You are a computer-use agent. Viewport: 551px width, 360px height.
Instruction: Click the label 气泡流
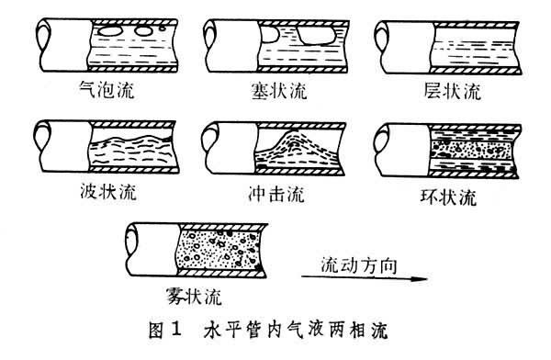[107, 89]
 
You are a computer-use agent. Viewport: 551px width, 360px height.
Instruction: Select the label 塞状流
[279, 91]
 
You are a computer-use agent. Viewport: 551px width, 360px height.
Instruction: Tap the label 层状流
[452, 91]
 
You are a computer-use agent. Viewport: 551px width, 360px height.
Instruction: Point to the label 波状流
[107, 192]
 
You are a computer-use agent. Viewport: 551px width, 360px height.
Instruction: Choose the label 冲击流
[276, 194]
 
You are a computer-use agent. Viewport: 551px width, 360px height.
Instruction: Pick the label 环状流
[448, 197]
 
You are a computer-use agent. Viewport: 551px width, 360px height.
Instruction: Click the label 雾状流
[194, 297]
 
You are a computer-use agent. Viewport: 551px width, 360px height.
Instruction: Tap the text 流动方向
[359, 265]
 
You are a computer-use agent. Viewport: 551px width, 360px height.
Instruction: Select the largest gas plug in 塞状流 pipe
[316, 36]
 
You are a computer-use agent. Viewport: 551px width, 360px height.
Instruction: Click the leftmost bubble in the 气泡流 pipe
[109, 31]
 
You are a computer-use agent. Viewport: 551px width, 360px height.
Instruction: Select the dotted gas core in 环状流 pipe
[471, 149]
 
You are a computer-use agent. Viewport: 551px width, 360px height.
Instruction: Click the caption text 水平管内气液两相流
[295, 330]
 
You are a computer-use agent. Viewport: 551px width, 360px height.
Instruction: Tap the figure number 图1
[164, 330]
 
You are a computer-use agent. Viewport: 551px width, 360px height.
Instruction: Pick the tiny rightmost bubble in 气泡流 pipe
[162, 27]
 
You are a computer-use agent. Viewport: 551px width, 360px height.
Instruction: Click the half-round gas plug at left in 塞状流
[269, 34]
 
